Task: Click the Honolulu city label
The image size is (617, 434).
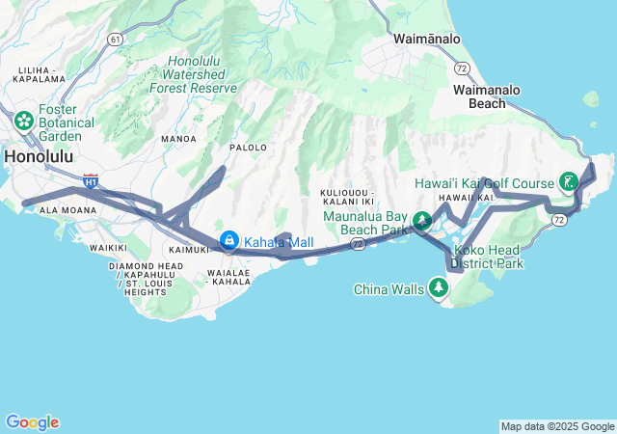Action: tap(40, 156)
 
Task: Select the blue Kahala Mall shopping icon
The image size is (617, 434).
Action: tap(228, 241)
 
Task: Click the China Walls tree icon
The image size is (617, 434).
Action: tap(439, 287)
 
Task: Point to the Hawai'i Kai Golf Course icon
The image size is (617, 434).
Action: tap(569, 182)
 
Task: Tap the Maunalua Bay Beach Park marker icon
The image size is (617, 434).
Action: tap(421, 223)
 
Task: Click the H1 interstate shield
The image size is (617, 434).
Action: tap(91, 179)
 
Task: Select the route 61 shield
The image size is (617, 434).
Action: tap(116, 39)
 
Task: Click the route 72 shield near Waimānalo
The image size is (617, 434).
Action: tap(463, 68)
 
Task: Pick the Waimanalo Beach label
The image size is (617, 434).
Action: tap(487, 95)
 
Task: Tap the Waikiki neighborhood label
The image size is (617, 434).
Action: tap(108, 248)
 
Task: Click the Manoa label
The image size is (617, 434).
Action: tap(178, 139)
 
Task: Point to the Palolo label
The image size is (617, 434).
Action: tap(248, 148)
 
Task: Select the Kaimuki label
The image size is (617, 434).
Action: tap(189, 249)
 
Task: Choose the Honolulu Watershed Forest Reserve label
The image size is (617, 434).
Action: tap(193, 74)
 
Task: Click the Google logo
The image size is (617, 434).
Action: tap(32, 422)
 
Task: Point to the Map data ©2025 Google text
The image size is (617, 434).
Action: tap(556, 426)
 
